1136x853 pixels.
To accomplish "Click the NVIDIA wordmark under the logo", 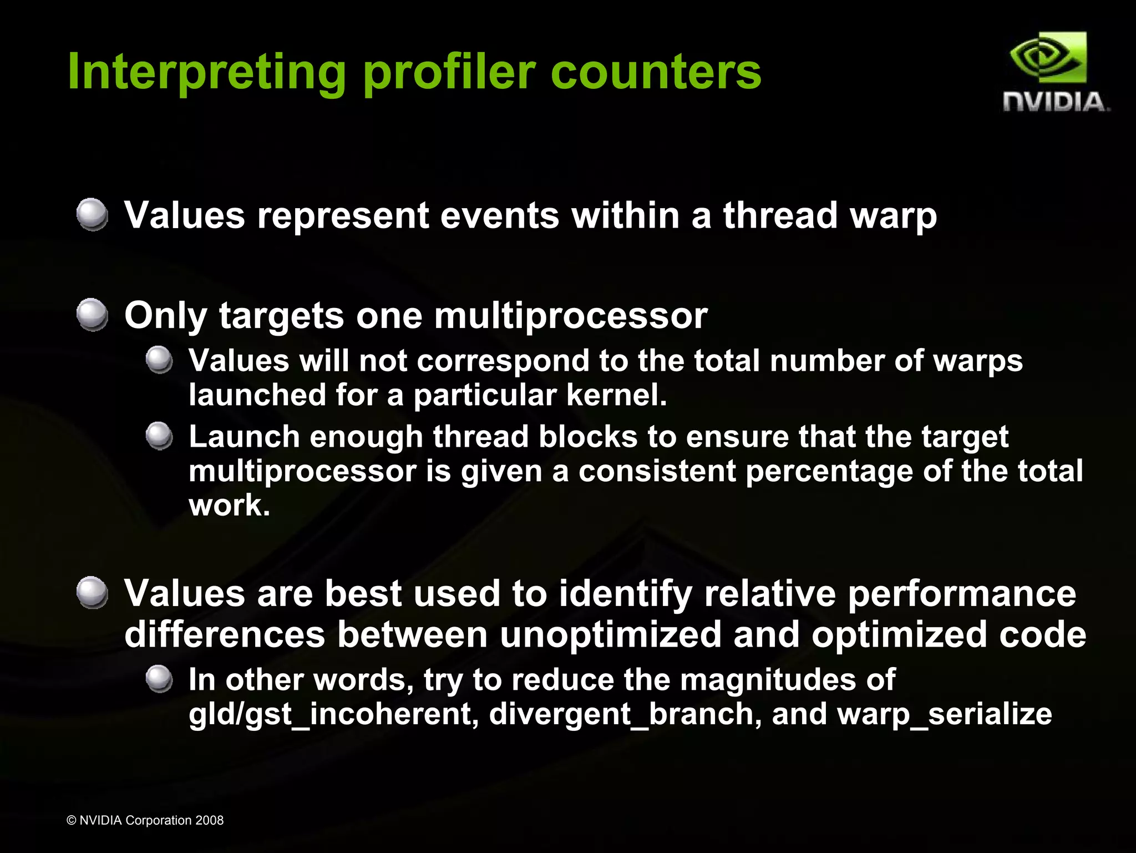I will click(x=1056, y=103).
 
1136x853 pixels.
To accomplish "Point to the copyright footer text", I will click(x=145, y=820).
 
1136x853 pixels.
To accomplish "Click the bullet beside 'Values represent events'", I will click(x=92, y=215).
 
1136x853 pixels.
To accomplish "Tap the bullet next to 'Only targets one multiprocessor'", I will click(x=92, y=315).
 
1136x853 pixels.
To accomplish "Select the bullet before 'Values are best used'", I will click(x=92, y=593).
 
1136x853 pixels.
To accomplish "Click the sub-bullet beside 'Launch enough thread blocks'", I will click(x=159, y=436).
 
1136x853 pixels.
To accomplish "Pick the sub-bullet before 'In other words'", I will click(x=159, y=679).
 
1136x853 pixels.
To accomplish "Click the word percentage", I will click(x=829, y=471).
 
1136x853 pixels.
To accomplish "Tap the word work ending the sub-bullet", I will click(x=229, y=506).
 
